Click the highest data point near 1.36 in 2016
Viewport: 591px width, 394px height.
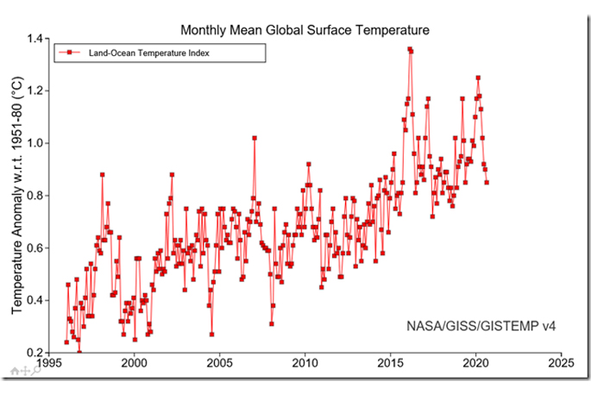tap(409, 49)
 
